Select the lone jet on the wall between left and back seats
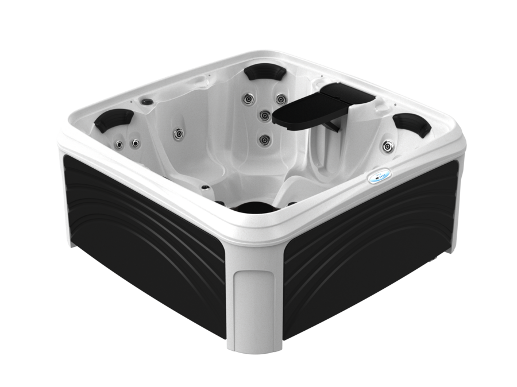click(178, 134)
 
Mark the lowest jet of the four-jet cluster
click(264, 140)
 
